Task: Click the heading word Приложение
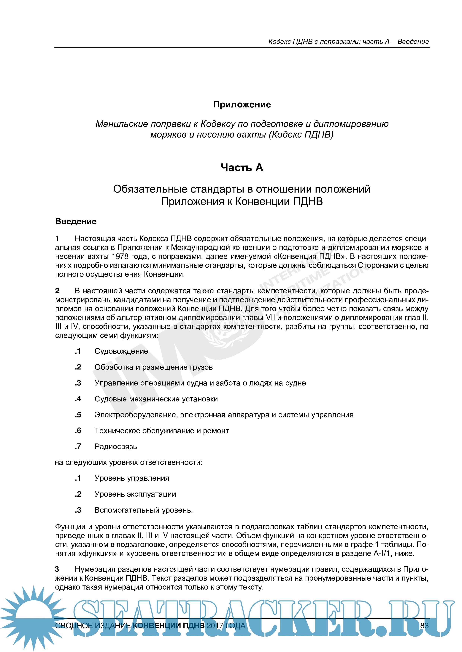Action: point(242,104)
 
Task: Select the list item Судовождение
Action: point(121,351)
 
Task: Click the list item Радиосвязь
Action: point(116,446)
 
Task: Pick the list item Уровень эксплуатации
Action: point(135,494)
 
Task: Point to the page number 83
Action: point(424,626)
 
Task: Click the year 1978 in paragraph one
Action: point(121,256)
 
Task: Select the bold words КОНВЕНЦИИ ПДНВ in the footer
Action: point(169,626)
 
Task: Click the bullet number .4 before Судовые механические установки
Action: point(78,399)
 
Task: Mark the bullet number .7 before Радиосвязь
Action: point(78,446)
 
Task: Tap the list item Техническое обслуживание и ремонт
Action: point(162,431)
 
